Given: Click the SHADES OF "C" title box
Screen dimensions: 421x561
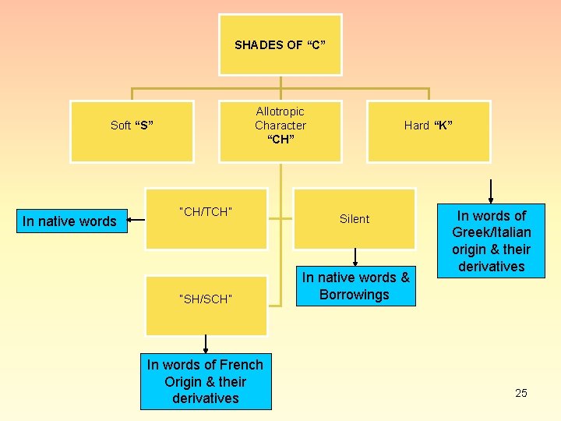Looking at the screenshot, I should tap(280, 44).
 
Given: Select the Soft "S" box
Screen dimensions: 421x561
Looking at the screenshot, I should tap(132, 131).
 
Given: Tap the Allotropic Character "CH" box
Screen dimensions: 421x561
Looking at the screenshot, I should tap(280, 131).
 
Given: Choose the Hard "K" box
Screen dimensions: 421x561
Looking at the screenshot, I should tap(429, 131).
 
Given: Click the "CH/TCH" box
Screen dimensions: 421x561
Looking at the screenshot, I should tap(206, 218).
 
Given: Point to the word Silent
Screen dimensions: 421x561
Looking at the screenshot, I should tap(355, 219).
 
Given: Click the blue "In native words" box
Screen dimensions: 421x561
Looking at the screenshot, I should tap(69, 221).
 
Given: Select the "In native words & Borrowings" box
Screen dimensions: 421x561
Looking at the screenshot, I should tap(355, 286).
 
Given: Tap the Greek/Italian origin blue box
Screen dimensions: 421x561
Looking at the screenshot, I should tap(492, 241).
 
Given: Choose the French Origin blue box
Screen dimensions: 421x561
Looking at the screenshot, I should tap(206, 381).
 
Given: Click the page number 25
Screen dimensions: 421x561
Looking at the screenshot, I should tap(521, 393).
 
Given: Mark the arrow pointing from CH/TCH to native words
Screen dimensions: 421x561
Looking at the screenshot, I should tap(136, 221).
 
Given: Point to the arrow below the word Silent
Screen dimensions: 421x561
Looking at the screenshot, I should tap(355, 257).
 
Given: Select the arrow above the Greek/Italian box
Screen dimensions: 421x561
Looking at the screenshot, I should tap(491, 191).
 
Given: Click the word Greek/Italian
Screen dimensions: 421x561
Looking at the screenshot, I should tap(492, 232).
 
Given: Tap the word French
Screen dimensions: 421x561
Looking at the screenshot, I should tap(241, 364).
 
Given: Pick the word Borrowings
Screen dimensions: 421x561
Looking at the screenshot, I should tap(355, 295).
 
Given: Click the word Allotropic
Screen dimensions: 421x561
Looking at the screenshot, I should tap(280, 111).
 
